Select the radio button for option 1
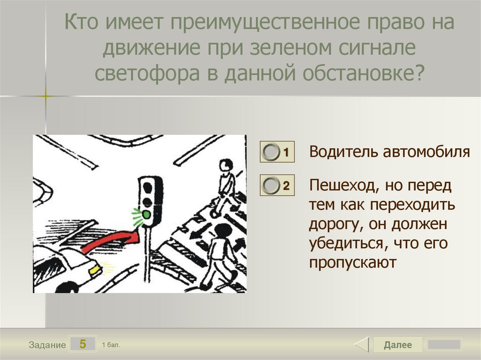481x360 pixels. tap(271, 152)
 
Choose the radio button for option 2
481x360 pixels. tap(271, 185)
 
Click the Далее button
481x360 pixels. tap(397, 345)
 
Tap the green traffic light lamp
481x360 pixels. tap(147, 214)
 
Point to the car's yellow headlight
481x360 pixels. tap(94, 270)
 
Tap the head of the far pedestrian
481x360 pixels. tap(226, 165)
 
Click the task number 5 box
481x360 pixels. tap(83, 344)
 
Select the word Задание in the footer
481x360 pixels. tap(47, 345)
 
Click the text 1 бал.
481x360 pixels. tap(111, 345)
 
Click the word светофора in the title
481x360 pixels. tap(147, 73)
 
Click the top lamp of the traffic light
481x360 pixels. tap(147, 187)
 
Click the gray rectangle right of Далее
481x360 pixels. tap(444, 345)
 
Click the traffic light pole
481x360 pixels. tap(147, 254)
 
